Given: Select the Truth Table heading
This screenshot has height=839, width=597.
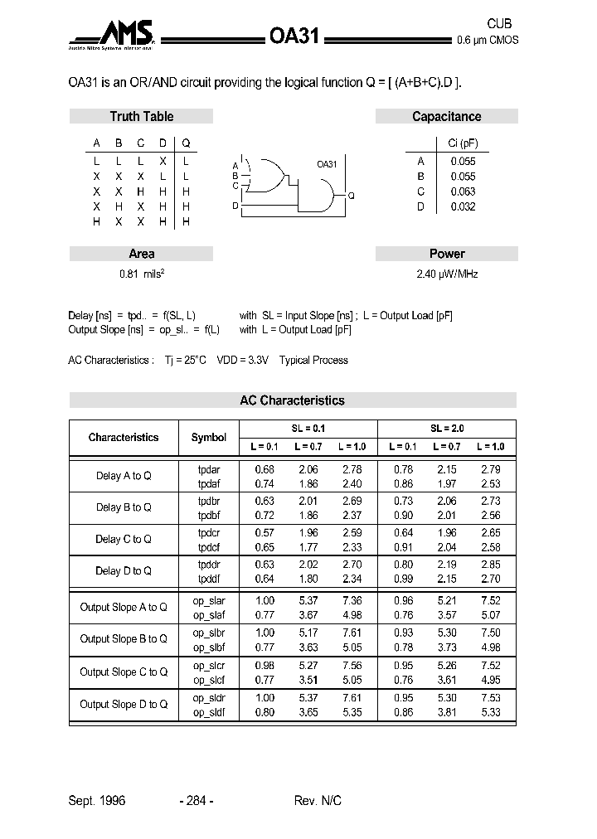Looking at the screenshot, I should (141, 117).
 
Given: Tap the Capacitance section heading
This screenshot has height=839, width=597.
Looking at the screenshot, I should (446, 117).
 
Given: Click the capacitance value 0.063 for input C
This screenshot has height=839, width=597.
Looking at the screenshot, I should (463, 192).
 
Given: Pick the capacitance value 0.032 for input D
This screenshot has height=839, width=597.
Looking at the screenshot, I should (463, 207).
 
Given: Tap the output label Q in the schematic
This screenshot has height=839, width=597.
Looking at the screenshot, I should (351, 196).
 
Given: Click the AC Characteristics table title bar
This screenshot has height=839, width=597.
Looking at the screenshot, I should (292, 400).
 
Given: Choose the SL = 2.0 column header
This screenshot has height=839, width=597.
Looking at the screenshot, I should (447, 429).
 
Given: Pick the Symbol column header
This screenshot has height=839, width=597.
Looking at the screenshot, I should (208, 438).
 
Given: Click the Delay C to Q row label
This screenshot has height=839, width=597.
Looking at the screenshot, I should (124, 540).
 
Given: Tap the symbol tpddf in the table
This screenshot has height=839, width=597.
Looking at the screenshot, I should (209, 579).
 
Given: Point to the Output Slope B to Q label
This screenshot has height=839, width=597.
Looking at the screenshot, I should (124, 639).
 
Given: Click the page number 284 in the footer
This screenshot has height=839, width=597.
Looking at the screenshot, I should (197, 801).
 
